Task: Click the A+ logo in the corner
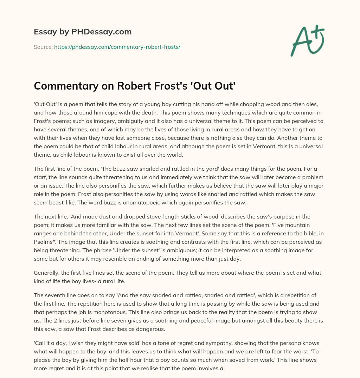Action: pos(307,40)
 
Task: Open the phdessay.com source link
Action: pos(117,47)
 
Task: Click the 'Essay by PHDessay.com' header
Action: pos(83,32)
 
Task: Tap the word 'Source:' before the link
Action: pos(43,47)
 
